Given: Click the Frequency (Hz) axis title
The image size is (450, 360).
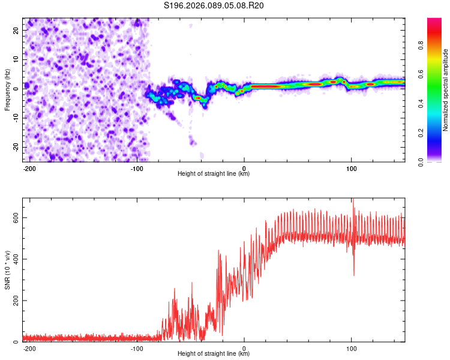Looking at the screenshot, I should pyautogui.click(x=7, y=90).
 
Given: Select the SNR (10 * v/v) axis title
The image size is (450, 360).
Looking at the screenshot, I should pyautogui.click(x=7, y=270).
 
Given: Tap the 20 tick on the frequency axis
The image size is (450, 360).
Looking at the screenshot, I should pyautogui.click(x=16, y=29).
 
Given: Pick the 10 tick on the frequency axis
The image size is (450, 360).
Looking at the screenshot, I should pyautogui.click(x=16, y=58).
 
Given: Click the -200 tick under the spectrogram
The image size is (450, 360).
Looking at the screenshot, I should pyautogui.click(x=29, y=168).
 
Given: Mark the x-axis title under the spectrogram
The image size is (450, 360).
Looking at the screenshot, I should pyautogui.click(x=214, y=174).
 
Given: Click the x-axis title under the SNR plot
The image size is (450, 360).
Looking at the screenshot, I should pyautogui.click(x=214, y=354).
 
